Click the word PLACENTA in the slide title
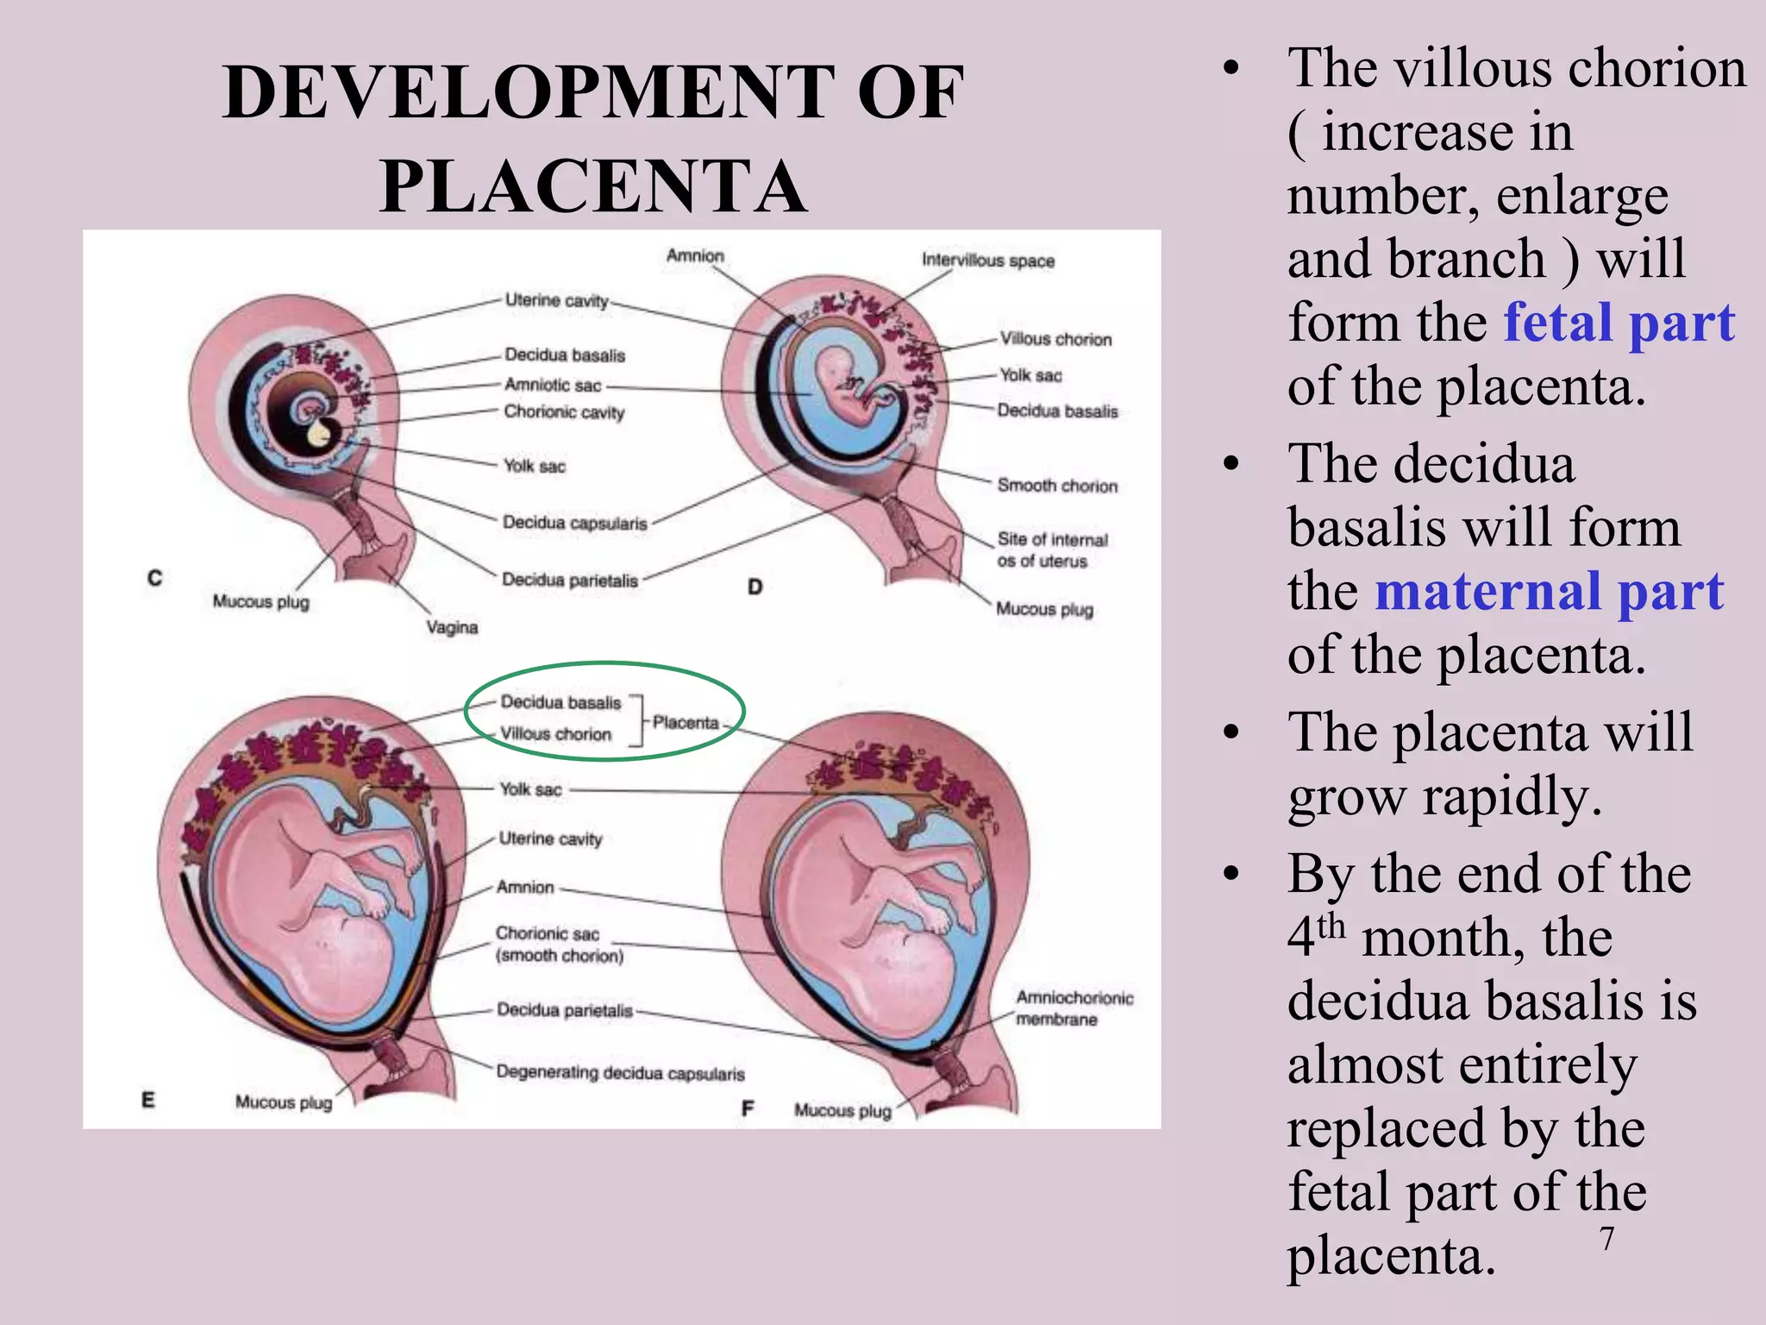click(x=593, y=187)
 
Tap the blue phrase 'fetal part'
click(x=1619, y=323)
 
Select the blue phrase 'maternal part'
click(x=1549, y=592)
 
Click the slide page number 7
click(x=1606, y=1239)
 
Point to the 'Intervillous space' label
click(x=987, y=261)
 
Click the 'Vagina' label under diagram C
click(x=451, y=627)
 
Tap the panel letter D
click(x=755, y=587)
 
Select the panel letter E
click(x=148, y=1100)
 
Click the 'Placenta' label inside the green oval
click(x=686, y=723)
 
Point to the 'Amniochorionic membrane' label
click(x=1074, y=1008)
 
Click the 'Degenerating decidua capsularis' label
click(x=620, y=1073)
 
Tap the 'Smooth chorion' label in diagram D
click(x=1057, y=486)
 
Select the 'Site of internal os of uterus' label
click(x=1052, y=550)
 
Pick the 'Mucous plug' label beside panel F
click(x=842, y=1110)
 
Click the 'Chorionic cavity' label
click(x=564, y=412)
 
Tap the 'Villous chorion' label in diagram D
click(x=1055, y=339)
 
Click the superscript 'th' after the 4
click(x=1331, y=926)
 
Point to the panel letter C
click(x=154, y=578)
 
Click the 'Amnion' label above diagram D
click(x=695, y=256)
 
